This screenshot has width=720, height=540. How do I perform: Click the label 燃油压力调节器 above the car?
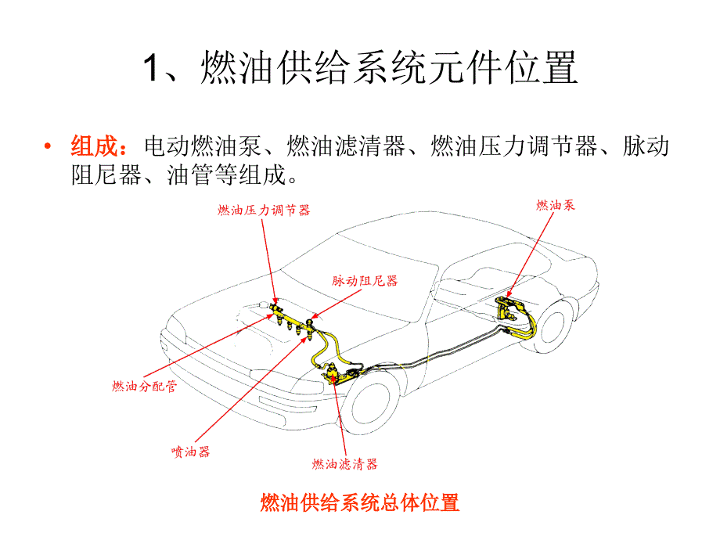pyautogui.click(x=264, y=211)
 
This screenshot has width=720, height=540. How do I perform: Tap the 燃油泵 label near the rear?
pyautogui.click(x=556, y=205)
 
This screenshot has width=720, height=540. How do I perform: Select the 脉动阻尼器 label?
pyautogui.click(x=365, y=280)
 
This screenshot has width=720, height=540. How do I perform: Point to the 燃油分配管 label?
pyautogui.click(x=144, y=386)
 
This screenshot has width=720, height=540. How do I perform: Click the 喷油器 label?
pyautogui.click(x=190, y=452)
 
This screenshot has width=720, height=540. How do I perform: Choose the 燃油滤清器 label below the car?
pyautogui.click(x=344, y=464)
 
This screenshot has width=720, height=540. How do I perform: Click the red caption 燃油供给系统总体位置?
pyautogui.click(x=359, y=502)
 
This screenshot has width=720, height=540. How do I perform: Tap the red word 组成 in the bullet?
pyautogui.click(x=94, y=146)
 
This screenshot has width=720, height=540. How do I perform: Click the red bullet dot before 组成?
pyautogui.click(x=47, y=146)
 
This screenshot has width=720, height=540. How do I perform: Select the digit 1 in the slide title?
pyautogui.click(x=152, y=67)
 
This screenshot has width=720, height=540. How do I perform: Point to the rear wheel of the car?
pyautogui.click(x=554, y=326)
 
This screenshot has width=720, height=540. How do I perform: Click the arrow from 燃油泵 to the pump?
pyautogui.click(x=531, y=255)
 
